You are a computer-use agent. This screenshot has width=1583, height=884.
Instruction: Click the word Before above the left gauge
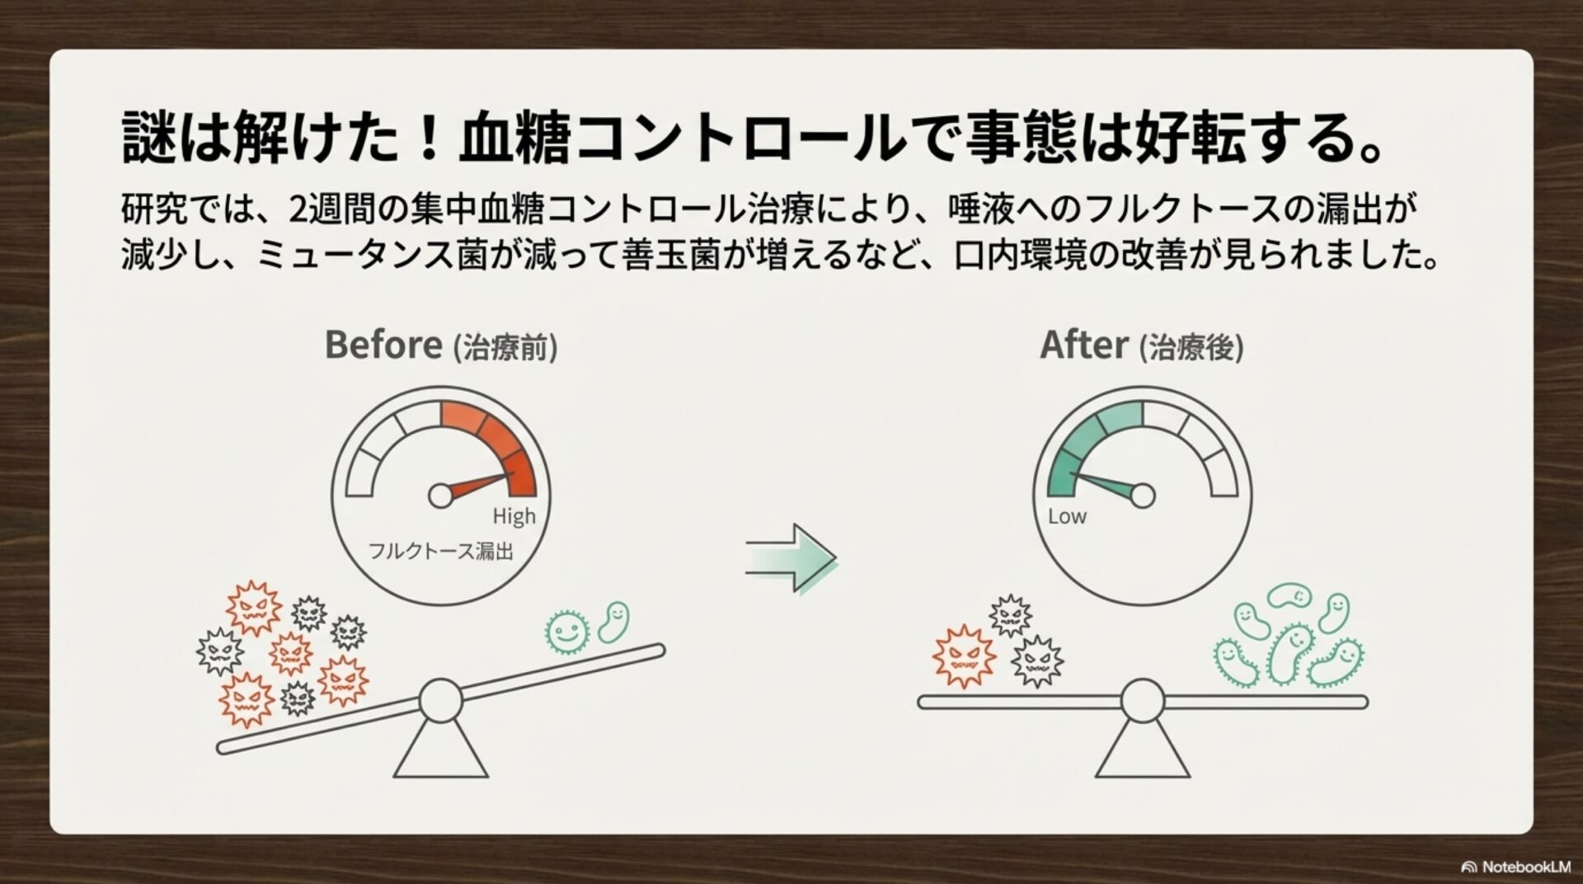point(383,345)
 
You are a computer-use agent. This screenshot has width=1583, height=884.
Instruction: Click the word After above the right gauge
point(1083,345)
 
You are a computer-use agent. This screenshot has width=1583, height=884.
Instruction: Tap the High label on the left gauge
point(514,517)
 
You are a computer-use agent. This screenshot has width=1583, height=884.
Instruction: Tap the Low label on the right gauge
point(1067,517)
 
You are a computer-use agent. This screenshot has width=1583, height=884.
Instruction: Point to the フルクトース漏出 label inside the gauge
point(440,550)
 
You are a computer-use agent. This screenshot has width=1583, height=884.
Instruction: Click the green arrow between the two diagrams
point(791,557)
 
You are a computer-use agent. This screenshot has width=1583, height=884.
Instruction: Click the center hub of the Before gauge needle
point(441,496)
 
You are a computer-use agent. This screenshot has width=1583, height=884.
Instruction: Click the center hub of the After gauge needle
point(1143,496)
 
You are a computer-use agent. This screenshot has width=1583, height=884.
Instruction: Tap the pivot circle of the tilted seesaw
point(441,701)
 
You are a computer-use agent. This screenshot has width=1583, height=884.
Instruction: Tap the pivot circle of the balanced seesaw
point(1143,702)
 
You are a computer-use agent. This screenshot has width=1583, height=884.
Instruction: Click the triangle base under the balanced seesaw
point(1143,750)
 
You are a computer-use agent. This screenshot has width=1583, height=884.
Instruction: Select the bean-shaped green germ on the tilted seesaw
point(613,622)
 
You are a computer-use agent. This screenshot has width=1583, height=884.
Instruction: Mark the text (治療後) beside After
point(1191,348)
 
